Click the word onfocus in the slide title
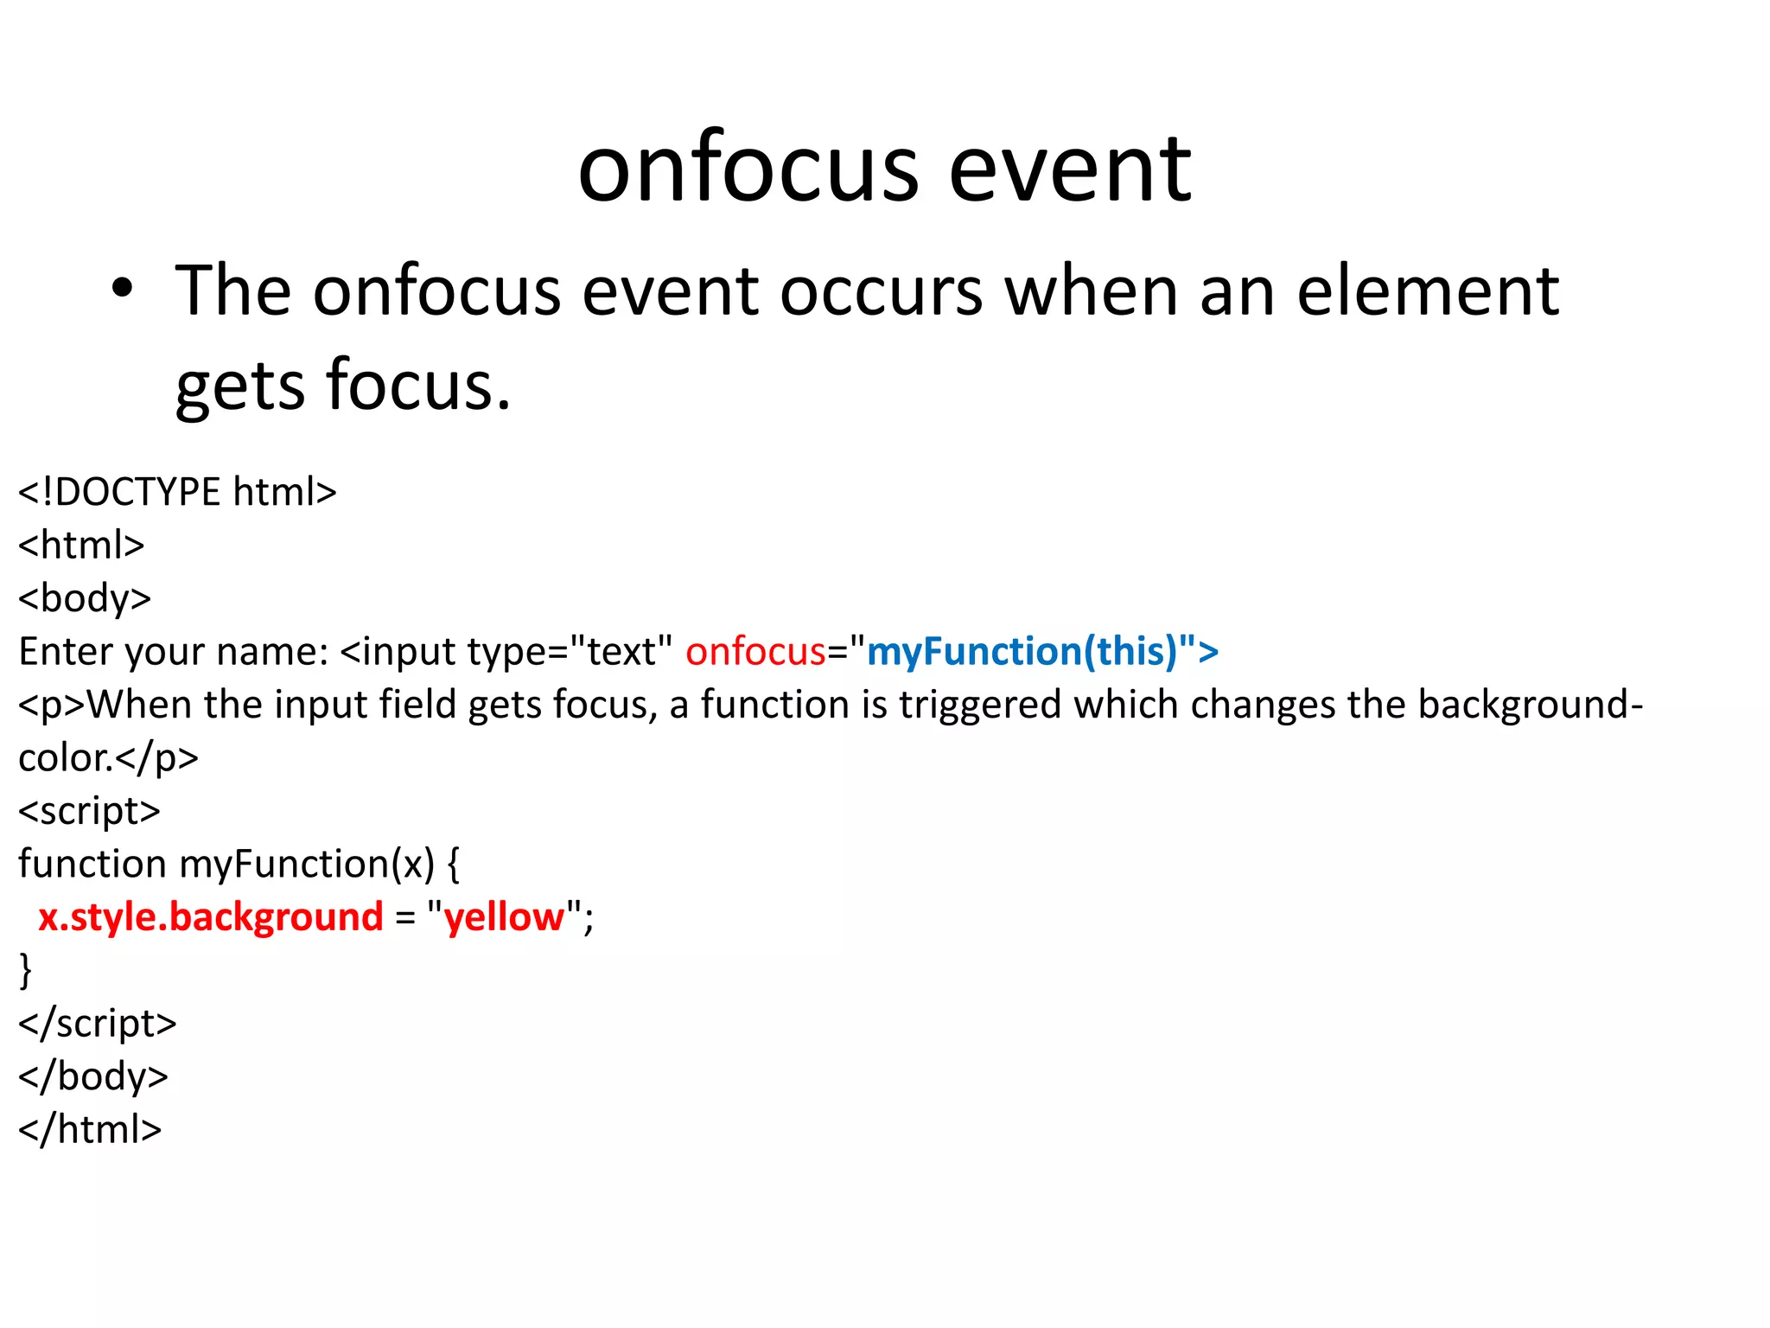pyautogui.click(x=748, y=169)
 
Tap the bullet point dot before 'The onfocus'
pyautogui.click(x=123, y=290)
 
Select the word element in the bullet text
pyautogui.click(x=1428, y=291)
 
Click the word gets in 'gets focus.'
pyautogui.click(x=239, y=386)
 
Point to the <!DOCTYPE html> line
pyautogui.click(x=177, y=492)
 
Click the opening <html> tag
pyautogui.click(x=81, y=546)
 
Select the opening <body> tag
pyautogui.click(x=85, y=598)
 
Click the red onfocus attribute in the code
pyautogui.click(x=755, y=651)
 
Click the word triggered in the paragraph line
pyautogui.click(x=979, y=705)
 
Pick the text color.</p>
pyautogui.click(x=108, y=758)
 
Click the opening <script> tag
pyautogui.click(x=89, y=811)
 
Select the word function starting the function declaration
pyautogui.click(x=92, y=864)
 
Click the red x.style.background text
pyautogui.click(x=210, y=917)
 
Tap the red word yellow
pyautogui.click(x=504, y=917)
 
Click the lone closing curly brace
pyautogui.click(x=26, y=970)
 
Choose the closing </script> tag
pyautogui.click(x=97, y=1024)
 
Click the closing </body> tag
pyautogui.click(x=92, y=1076)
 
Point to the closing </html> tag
pyautogui.click(x=90, y=1130)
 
